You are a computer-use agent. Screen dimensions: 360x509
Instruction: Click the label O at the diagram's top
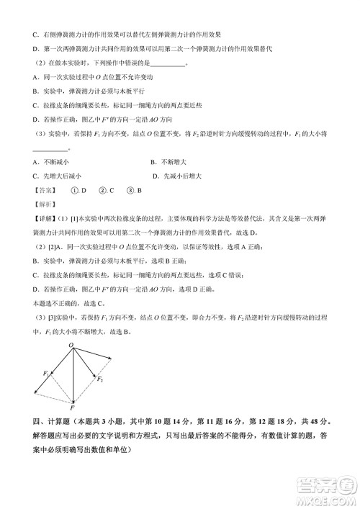coord(71,346)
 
